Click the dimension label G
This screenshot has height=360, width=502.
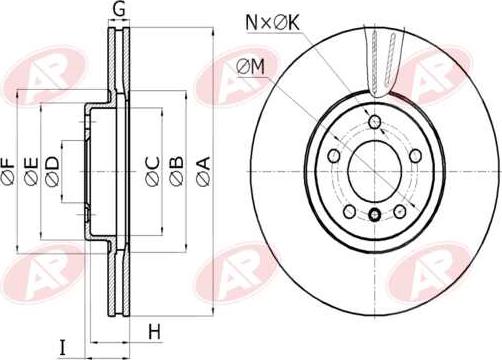[x=118, y=9]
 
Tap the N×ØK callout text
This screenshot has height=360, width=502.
[x=273, y=23]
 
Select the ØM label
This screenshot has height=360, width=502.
[x=251, y=66]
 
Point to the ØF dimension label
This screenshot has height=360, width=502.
[x=8, y=171]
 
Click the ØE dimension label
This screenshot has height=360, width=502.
[x=32, y=171]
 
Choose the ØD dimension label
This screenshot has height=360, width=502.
[x=52, y=171]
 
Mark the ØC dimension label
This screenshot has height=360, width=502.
[x=153, y=171]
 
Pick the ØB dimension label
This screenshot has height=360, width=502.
[x=176, y=171]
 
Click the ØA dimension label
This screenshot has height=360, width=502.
[x=203, y=171]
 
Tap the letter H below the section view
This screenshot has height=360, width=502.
[x=154, y=332]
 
